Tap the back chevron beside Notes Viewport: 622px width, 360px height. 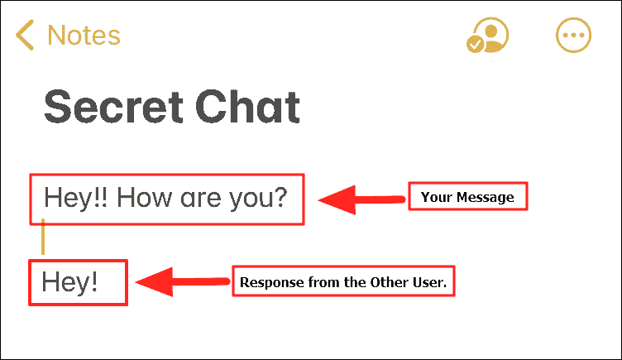coord(25,35)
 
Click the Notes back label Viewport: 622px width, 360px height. coord(84,36)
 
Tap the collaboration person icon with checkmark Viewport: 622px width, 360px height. coord(487,36)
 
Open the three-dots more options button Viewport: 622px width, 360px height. coord(573,35)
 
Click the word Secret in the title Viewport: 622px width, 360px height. coord(113,107)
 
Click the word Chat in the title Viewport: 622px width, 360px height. coord(247,107)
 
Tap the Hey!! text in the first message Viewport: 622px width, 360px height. coord(75,198)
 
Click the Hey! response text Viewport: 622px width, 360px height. coord(69,282)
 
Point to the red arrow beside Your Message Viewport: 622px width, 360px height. coord(361,199)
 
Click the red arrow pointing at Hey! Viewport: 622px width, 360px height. coord(183,282)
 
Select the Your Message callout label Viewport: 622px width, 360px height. coord(467,196)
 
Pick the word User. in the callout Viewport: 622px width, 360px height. coord(429,282)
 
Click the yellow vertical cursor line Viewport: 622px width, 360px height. coord(43,237)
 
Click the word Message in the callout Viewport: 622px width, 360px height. coord(486,197)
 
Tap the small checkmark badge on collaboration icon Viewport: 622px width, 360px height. coord(475,44)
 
